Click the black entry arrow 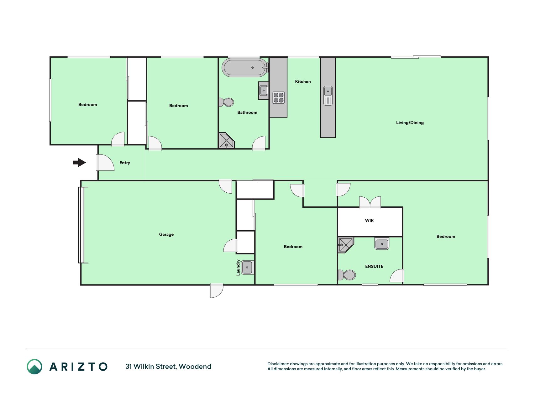(79, 163)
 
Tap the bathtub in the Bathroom (244, 67)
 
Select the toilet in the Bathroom (226, 102)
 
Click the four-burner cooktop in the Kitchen (278, 97)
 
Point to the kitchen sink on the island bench (328, 96)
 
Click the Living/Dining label (410, 123)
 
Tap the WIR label (369, 221)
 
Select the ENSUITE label (374, 267)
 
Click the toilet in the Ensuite (347, 275)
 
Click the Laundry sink (247, 268)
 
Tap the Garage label (166, 234)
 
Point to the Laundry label (238, 268)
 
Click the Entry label (125, 163)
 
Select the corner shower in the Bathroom (226, 141)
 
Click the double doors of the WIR (370, 202)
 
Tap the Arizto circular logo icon (34, 367)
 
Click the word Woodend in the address (195, 367)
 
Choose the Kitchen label (303, 81)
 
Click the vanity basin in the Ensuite (382, 244)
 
